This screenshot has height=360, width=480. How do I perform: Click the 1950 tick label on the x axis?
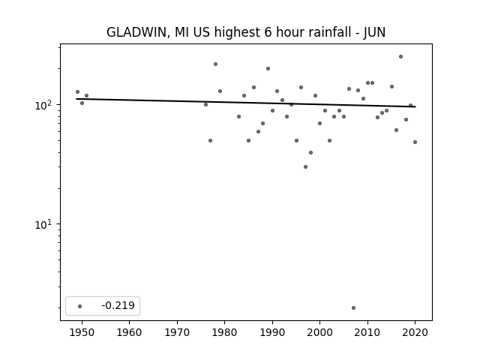[x=82, y=332]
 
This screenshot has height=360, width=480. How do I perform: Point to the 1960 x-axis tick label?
[x=129, y=332]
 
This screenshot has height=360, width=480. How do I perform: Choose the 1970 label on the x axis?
[x=177, y=332]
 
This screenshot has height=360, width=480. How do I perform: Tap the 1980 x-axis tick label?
[x=224, y=332]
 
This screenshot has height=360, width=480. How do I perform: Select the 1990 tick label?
[x=272, y=332]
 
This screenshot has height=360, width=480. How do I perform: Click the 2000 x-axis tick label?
[x=319, y=332]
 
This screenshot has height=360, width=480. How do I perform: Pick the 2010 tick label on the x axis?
[x=367, y=332]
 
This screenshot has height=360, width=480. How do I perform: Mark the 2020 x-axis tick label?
[x=415, y=332]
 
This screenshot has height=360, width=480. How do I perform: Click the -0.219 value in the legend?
[x=118, y=305]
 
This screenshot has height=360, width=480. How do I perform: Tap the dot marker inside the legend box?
[x=80, y=306]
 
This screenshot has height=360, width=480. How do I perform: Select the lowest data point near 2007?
[x=353, y=307]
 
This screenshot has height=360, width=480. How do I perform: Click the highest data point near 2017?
[x=400, y=57]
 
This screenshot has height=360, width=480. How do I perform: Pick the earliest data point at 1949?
[x=77, y=91]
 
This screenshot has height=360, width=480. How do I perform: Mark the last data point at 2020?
[x=415, y=142]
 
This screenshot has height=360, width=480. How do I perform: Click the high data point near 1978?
[x=215, y=64]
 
